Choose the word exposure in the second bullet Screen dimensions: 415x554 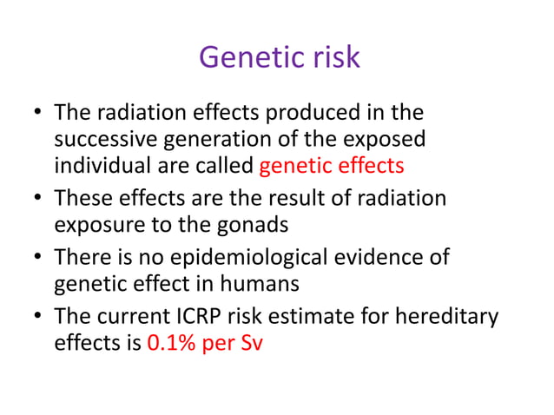[x=93, y=225]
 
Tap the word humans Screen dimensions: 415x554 [x=243, y=283]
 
